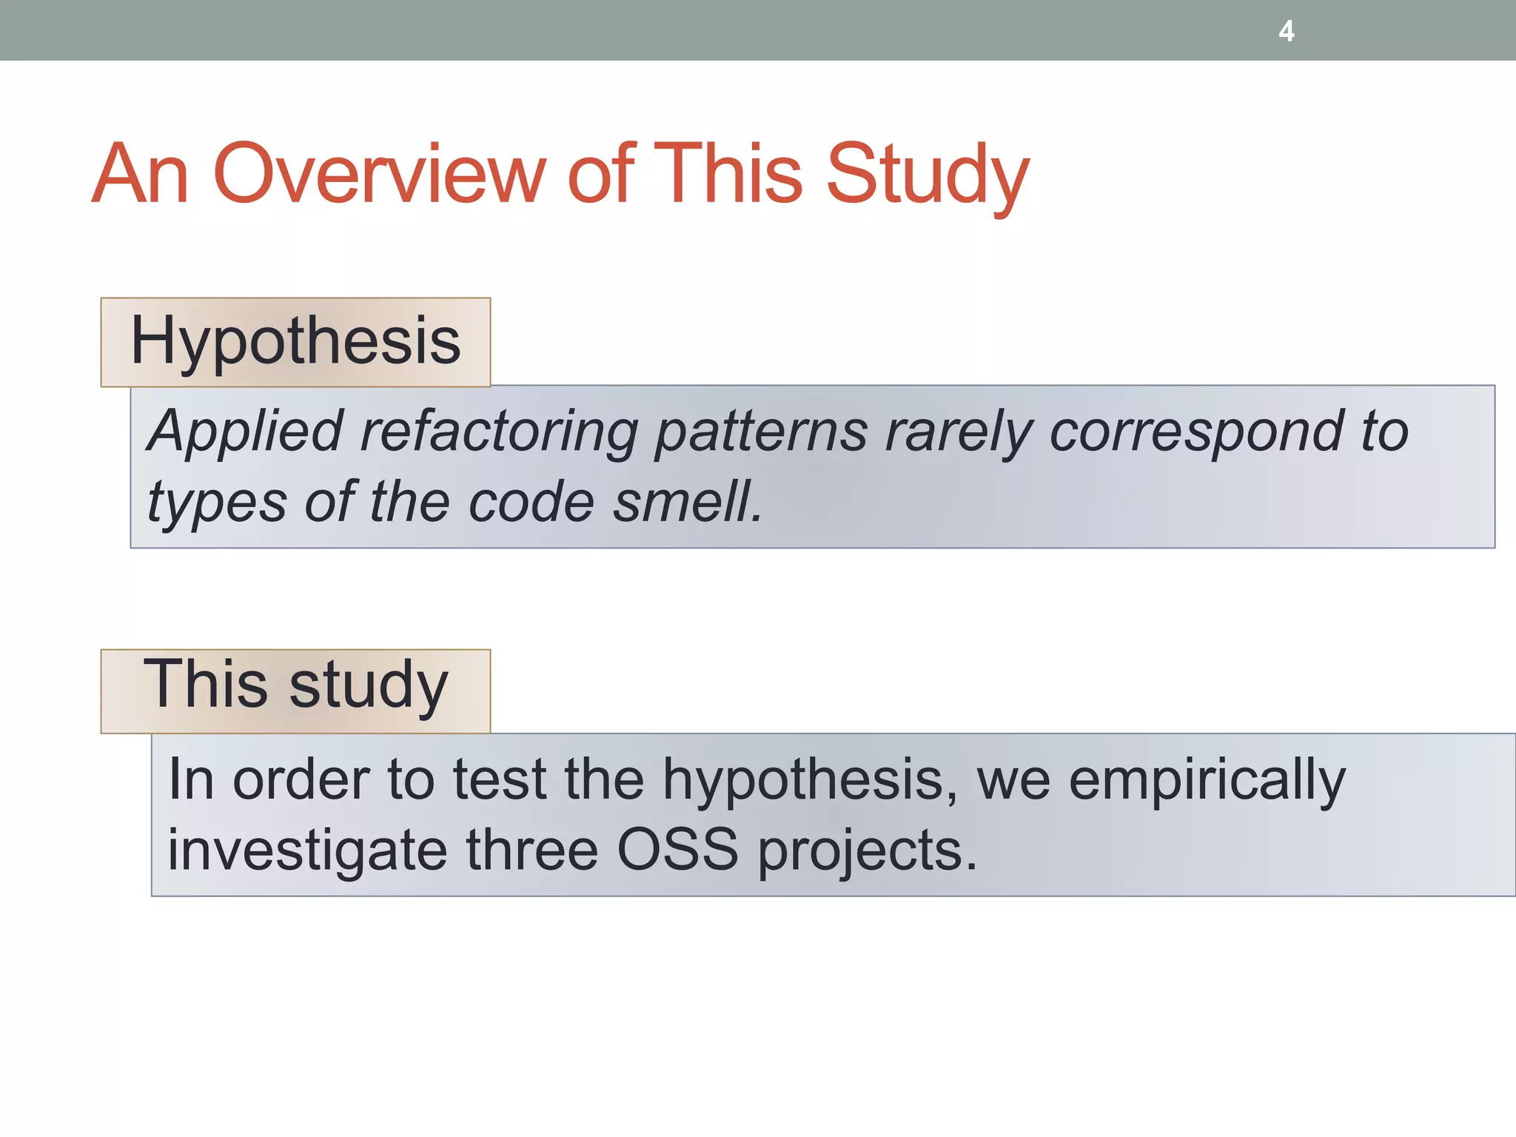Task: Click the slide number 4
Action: (x=1287, y=31)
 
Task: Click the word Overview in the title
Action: (x=379, y=175)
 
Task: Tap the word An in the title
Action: (x=140, y=175)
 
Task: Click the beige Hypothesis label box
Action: (x=295, y=342)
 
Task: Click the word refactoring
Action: (x=498, y=432)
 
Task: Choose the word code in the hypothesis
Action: (x=531, y=502)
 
